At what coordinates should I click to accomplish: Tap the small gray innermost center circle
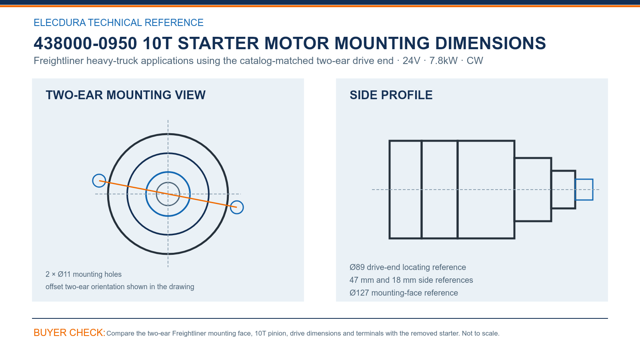(x=168, y=182)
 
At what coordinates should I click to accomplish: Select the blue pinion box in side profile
(x=584, y=179)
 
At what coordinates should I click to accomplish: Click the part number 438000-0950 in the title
(x=85, y=43)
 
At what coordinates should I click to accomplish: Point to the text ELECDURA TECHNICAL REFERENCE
(x=118, y=22)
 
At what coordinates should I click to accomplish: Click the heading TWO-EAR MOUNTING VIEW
(x=126, y=95)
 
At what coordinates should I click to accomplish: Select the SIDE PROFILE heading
(x=391, y=95)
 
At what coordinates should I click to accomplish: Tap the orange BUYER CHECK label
(x=70, y=332)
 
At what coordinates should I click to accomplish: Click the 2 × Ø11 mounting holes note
(x=84, y=274)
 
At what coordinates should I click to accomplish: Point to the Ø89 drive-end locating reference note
(x=408, y=267)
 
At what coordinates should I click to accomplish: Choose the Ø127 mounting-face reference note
(x=404, y=293)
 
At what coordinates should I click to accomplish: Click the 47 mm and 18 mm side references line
(x=411, y=280)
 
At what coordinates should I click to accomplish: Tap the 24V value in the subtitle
(x=412, y=60)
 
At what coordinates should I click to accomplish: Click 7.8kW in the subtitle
(x=444, y=60)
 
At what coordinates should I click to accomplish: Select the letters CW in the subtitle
(x=475, y=60)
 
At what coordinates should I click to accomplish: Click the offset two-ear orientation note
(x=120, y=286)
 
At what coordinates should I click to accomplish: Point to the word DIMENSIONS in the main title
(x=490, y=43)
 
